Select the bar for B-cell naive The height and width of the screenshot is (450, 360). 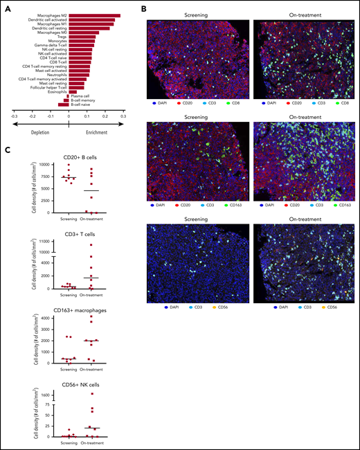(63, 105)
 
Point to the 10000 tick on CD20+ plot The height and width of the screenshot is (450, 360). (45, 165)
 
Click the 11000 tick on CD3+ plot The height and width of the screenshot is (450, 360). (45, 240)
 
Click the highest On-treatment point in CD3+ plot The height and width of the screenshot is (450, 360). (90, 244)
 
